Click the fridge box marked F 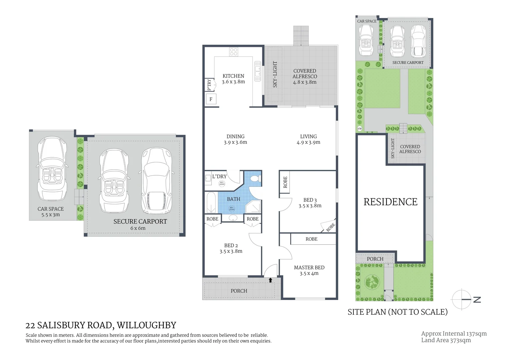(211, 99)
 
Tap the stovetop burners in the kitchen (234, 52)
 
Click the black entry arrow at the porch (270, 280)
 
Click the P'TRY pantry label (209, 85)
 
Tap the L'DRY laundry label (219, 176)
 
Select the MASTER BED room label (309, 267)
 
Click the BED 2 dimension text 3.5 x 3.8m (231, 251)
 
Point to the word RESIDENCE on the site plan (390, 202)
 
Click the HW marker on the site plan (359, 129)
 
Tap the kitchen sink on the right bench (257, 71)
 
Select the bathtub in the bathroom (211, 202)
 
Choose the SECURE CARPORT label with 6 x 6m (140, 224)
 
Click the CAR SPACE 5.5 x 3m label (50, 212)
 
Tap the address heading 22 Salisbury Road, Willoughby (101, 325)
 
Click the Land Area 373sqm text (446, 340)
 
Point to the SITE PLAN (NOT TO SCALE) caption (397, 312)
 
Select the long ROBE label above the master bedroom (311, 239)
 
